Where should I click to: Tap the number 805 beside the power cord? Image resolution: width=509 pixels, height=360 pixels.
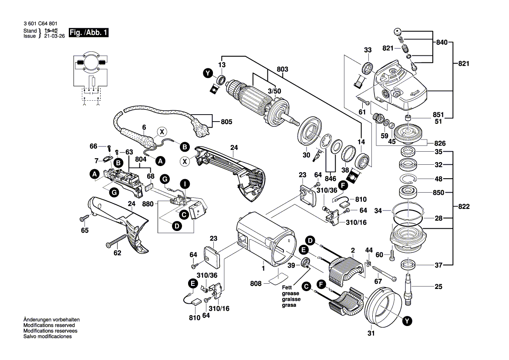(x=226, y=122)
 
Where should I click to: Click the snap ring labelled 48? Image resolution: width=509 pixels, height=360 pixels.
(x=409, y=178)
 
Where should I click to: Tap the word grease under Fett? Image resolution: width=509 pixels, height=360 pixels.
(x=289, y=294)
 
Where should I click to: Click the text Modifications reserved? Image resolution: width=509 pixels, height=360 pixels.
(x=49, y=326)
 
